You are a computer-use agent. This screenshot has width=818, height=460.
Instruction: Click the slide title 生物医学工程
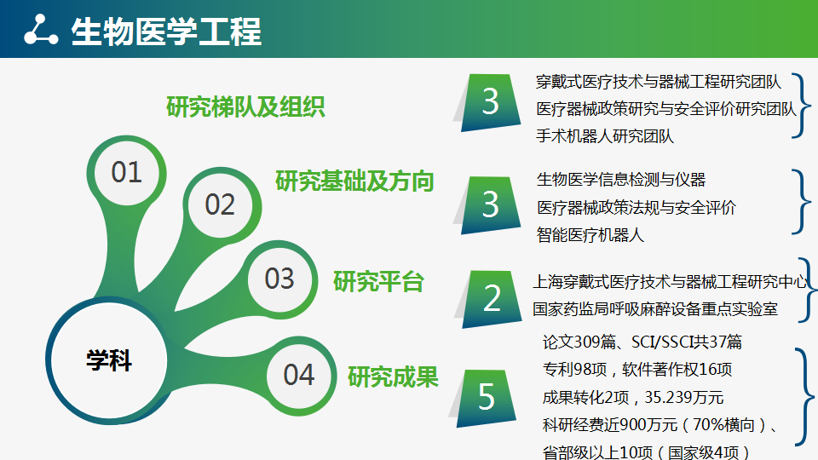coord(166,32)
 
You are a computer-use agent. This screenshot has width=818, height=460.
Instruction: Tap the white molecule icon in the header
coord(41,31)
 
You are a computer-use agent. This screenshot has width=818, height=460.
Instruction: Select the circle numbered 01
coord(126,173)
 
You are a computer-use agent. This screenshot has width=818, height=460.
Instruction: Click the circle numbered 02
coord(220,205)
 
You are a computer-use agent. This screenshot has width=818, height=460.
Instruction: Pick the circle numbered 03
coord(279,279)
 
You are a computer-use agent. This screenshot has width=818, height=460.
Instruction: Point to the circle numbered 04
coord(299,376)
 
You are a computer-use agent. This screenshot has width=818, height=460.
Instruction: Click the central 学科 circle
coord(109,360)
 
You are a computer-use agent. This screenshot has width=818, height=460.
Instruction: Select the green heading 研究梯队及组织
coord(245,107)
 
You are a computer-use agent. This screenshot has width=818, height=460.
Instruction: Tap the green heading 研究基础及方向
coord(354,181)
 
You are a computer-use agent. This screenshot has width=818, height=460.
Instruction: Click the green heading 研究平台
coord(378,282)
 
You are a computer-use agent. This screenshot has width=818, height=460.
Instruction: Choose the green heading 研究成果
coord(394,377)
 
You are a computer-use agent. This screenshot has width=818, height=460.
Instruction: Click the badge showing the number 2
coord(492,299)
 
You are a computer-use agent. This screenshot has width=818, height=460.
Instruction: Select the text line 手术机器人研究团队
coord(605,136)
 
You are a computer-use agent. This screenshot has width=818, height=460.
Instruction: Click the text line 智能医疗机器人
coord(590,235)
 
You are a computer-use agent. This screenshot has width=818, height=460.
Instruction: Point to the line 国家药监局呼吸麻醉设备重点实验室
coord(655,308)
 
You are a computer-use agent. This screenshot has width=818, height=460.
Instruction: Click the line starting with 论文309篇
coord(642,342)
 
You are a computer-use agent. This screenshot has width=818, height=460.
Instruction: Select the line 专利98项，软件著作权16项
coord(637,370)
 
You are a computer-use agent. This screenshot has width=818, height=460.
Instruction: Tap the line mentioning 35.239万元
coord(633,398)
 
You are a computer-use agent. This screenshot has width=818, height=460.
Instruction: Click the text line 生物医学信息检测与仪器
coord(621,180)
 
